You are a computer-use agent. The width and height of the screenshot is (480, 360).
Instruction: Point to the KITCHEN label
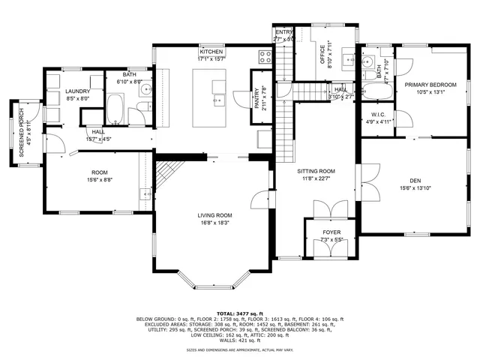(211, 52)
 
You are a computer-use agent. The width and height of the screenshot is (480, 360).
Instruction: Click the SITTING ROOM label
(316, 171)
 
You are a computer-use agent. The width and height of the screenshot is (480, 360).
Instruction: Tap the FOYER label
(331, 232)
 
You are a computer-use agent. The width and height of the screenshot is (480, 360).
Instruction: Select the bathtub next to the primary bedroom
(372, 96)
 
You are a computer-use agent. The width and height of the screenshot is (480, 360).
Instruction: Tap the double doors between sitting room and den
(363, 184)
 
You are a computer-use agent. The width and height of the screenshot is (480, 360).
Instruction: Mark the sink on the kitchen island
(218, 97)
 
